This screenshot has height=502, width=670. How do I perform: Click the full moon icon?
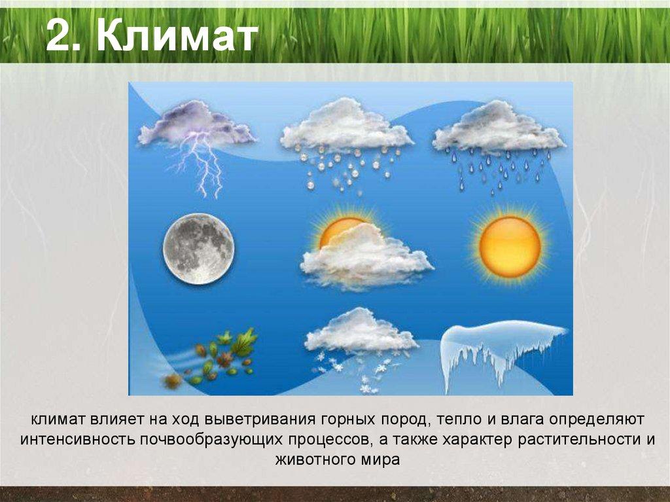[198, 249]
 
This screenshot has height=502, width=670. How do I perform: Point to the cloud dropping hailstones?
[346, 128]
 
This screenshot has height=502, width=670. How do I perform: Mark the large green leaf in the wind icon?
[245, 342]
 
